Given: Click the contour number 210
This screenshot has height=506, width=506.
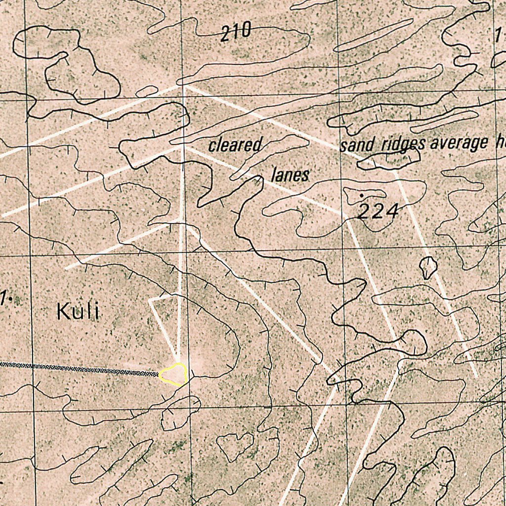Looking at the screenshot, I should coord(236,33).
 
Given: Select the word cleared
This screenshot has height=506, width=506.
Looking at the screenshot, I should coord(235,145).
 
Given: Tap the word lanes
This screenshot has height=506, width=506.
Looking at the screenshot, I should coord(290,175).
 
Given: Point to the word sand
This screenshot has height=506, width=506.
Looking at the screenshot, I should coord(358,145).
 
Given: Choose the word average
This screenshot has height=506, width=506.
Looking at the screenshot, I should coord(459,143).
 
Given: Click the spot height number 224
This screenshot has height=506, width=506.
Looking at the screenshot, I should coord(378,212).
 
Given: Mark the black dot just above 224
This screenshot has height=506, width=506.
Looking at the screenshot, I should coord(362,196).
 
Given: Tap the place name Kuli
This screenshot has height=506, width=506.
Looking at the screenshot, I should coord(78,312).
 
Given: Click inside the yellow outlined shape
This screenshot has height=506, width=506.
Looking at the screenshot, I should coord(174,375).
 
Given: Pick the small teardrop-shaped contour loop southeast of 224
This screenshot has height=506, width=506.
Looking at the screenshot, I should coord(428,267).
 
